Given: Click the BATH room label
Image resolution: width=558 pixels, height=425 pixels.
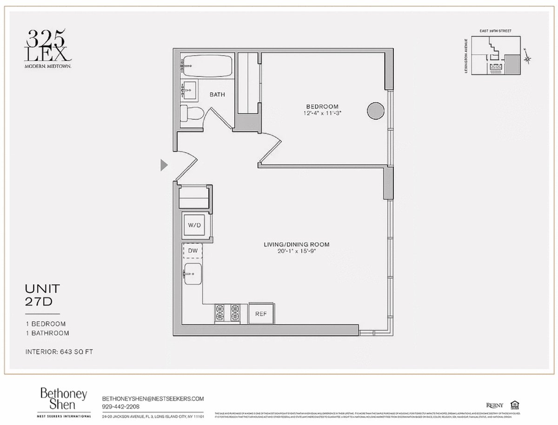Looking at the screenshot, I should point(217,94).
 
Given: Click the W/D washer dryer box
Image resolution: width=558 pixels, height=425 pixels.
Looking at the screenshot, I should point(195,225).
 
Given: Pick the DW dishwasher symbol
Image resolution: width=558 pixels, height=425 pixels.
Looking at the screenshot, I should point(193,251).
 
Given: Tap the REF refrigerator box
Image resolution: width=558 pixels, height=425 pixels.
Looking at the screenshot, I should point(261,313).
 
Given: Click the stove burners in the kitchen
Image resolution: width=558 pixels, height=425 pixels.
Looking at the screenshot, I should point(227,313).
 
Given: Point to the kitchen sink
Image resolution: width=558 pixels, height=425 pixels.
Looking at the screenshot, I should point(193,274).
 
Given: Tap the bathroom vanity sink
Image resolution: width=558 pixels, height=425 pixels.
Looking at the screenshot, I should point(189,88).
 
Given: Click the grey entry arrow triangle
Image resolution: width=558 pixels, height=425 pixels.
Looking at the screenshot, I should point(163,165).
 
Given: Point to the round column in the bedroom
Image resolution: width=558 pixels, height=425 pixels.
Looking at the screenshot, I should point(376,111).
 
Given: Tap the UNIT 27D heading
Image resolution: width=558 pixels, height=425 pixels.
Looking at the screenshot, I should point(42,295).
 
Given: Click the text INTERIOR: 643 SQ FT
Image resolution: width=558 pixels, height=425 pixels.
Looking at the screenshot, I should point(59,352).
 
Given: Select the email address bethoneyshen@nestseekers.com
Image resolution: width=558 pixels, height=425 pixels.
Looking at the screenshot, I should point(153,399).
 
